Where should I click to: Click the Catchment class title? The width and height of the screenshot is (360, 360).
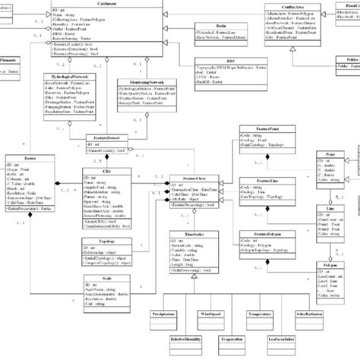click(115, 4)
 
